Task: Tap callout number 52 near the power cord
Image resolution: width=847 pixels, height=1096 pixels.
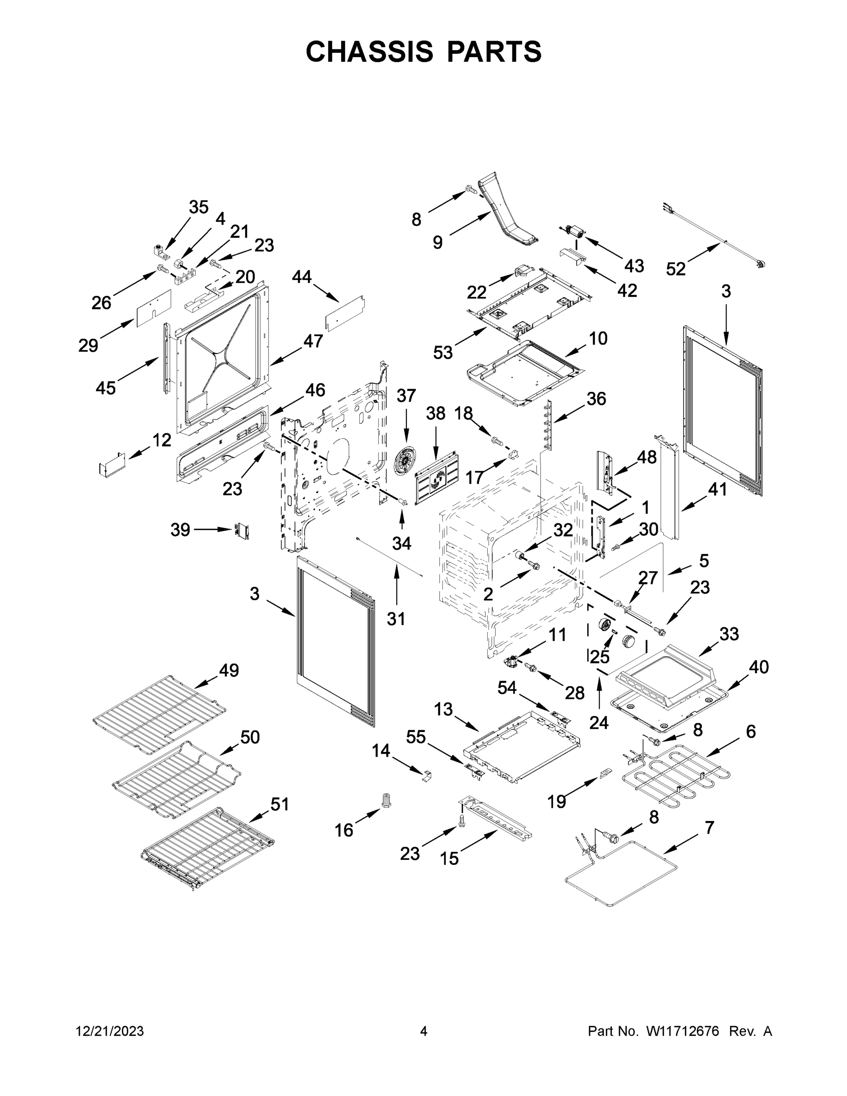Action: (x=675, y=269)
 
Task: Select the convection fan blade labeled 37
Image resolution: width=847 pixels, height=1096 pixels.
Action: (x=405, y=462)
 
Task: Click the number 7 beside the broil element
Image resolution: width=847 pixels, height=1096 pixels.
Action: (x=709, y=827)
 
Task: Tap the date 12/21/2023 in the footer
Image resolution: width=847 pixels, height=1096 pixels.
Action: (x=110, y=1031)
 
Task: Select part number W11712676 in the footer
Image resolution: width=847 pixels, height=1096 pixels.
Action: (x=683, y=1031)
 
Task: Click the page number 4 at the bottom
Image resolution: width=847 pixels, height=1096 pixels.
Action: (x=424, y=1031)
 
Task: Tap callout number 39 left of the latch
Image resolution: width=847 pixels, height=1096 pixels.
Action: (x=180, y=529)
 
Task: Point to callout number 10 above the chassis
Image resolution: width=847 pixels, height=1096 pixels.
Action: (x=598, y=338)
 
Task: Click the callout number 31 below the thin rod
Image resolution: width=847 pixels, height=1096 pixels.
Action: (x=396, y=619)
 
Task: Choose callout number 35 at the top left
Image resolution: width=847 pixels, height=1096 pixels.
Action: (x=198, y=207)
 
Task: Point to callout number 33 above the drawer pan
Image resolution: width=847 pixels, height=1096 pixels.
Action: (x=729, y=634)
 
